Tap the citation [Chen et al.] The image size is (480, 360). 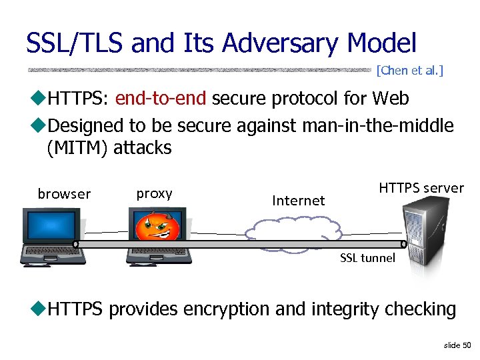coord(409,69)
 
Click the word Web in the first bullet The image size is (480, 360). coord(390,99)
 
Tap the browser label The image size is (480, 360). coord(64,194)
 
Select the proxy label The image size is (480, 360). coord(154,193)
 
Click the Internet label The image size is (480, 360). coord(298,200)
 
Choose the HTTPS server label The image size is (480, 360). coord(421,188)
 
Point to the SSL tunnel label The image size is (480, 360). coord(367,258)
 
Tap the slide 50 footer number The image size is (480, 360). coord(457,345)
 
